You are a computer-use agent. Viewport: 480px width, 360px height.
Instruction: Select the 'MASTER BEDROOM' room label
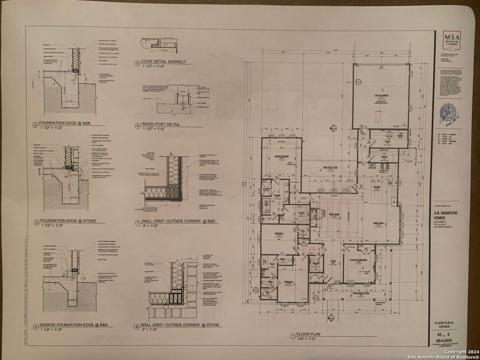pos(281,157)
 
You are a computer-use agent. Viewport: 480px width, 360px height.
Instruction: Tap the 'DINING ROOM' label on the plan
pos(379,223)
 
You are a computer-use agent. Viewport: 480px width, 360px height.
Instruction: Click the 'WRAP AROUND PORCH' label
pos(360,295)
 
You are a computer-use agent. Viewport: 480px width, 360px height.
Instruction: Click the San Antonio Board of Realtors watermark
pos(443,357)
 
